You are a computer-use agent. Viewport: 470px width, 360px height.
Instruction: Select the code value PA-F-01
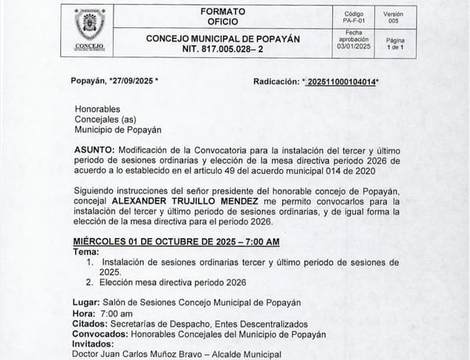click(354, 22)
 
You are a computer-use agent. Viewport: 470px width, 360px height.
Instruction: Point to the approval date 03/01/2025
click(354, 47)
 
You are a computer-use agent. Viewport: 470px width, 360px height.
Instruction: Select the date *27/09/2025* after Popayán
click(133, 81)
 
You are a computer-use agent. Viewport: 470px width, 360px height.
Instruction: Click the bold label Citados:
click(91, 323)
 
